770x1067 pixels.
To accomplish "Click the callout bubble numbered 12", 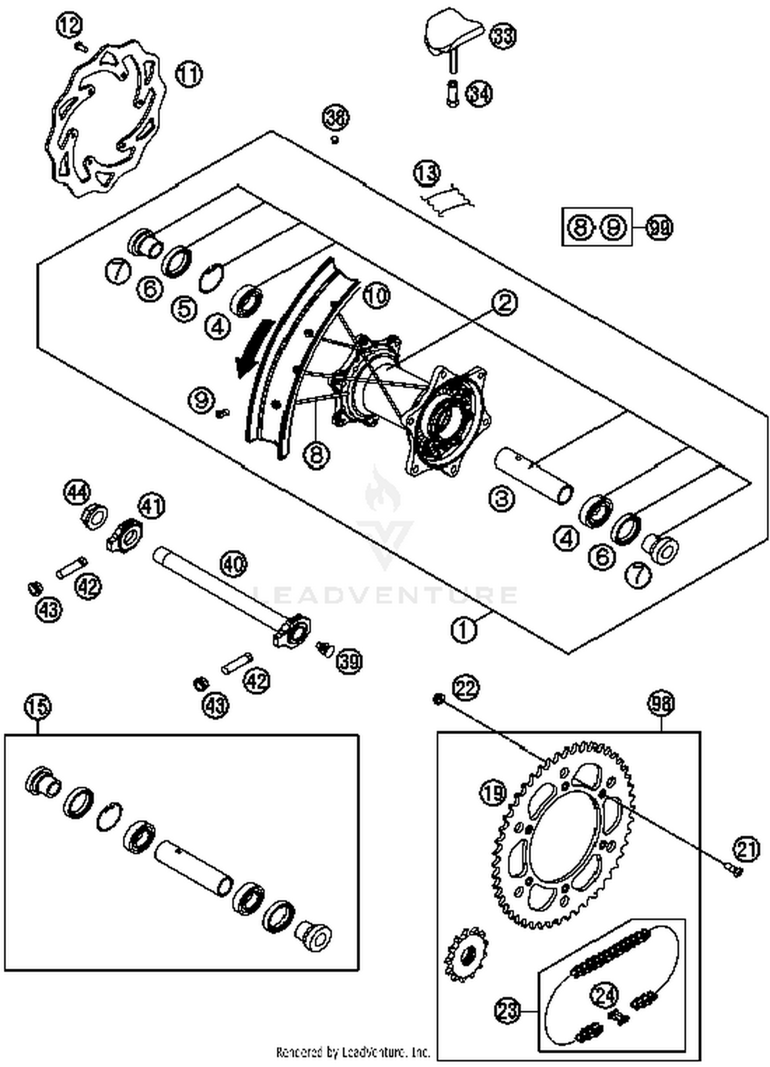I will point(69,25).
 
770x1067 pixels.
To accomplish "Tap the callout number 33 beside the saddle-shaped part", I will point(502,36).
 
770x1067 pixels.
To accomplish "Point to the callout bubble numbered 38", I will point(336,118).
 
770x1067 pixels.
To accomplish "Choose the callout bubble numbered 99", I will point(659,227).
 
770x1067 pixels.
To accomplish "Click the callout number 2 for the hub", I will point(505,303).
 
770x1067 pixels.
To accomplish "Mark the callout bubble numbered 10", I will point(377,296).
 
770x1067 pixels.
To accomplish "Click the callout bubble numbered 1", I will point(464,628).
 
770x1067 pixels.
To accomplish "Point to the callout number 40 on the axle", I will point(234,564).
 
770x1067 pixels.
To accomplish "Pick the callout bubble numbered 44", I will point(77,492).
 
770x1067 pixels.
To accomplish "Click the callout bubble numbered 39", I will point(349,660).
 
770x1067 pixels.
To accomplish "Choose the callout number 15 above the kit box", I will point(38,706).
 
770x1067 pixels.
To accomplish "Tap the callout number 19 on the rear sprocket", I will point(493,794).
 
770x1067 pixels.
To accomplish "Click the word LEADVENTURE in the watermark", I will point(385,595).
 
